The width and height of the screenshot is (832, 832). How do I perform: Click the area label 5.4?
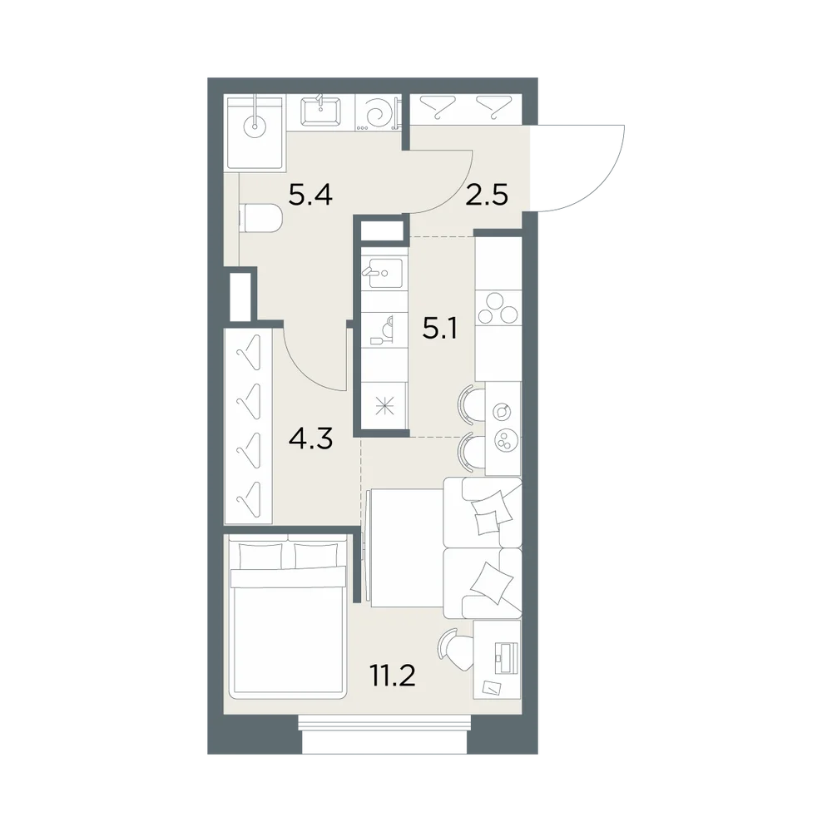310,195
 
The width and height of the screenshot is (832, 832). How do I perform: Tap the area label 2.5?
487,195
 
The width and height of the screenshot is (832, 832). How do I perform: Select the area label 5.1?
439,329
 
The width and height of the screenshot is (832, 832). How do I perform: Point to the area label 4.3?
310,438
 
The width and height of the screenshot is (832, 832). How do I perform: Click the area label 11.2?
392,676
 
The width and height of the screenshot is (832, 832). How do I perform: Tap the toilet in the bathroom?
260,218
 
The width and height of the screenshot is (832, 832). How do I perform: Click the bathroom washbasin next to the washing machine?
320,112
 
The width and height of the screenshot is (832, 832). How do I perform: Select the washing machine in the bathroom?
378,112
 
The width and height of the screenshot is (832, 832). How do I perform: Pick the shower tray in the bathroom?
255,132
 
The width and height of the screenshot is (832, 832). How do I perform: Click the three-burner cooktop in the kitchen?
498,308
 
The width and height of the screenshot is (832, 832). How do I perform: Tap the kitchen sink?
383,273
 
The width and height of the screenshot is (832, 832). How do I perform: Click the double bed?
287,615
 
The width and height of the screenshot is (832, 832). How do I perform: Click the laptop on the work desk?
505,657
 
